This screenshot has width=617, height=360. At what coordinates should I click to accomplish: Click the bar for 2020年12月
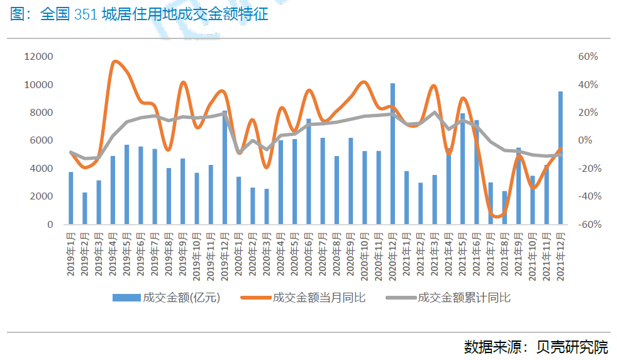click(x=392, y=154)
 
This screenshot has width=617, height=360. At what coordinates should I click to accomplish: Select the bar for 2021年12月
click(x=560, y=157)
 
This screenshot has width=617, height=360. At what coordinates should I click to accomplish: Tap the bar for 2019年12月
click(x=225, y=167)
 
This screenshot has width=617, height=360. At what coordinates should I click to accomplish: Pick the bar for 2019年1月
click(x=71, y=198)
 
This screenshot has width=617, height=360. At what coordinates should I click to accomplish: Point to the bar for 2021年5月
click(x=462, y=169)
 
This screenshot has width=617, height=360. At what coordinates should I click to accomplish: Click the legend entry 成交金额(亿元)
click(x=166, y=298)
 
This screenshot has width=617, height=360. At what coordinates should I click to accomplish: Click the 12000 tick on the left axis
click(x=38, y=57)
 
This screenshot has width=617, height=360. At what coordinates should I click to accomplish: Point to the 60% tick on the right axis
click(x=588, y=57)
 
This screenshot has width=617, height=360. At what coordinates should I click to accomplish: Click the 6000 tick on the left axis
click(x=42, y=140)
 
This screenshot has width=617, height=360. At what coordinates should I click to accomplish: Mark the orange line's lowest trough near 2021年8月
click(x=497, y=217)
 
